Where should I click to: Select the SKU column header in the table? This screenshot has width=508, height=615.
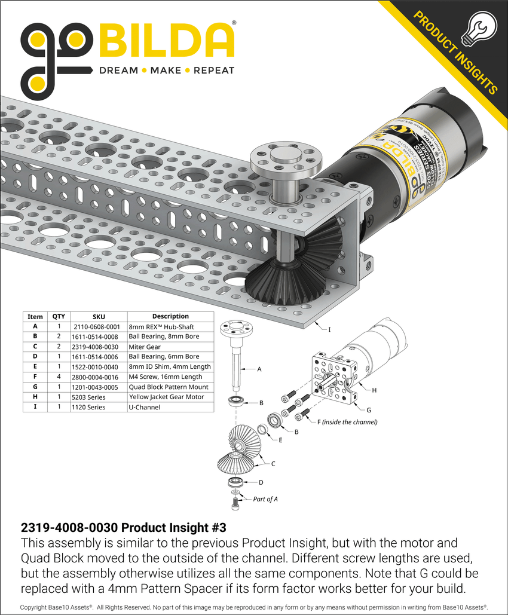tap(99, 317)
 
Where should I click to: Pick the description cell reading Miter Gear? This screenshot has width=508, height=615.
tap(145, 347)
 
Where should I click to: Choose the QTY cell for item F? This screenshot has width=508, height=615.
tap(59, 377)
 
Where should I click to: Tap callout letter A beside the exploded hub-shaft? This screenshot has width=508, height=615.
tap(259, 369)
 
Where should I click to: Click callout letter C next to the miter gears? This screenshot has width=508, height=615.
tap(273, 463)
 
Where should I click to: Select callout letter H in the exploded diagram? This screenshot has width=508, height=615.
tap(374, 390)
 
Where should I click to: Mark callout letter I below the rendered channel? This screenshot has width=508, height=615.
tap(329, 329)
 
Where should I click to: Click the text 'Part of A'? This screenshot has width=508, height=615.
tap(265, 499)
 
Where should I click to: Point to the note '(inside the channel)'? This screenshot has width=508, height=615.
tap(349, 422)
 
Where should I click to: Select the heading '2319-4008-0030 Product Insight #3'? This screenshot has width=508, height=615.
tap(124, 528)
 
